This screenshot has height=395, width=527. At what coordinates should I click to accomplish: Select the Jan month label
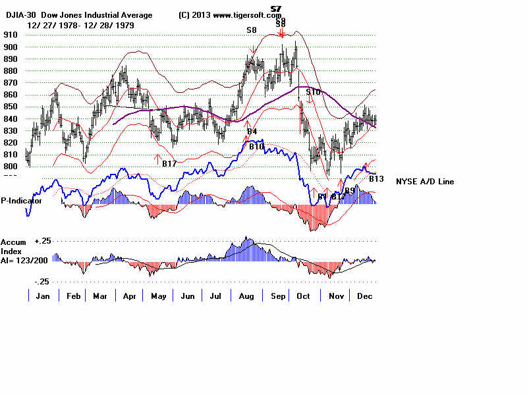coord(43,297)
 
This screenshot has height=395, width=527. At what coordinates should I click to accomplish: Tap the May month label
coord(158,297)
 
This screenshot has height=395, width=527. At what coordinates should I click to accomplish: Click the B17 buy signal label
coord(169,164)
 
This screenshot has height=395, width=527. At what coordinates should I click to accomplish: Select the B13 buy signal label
coord(376,178)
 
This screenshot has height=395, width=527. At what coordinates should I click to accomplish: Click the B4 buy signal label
coord(252,132)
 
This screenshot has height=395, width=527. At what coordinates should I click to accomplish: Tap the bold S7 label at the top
coord(276,9)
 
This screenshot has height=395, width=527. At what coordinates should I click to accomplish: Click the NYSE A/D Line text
coord(424,182)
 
